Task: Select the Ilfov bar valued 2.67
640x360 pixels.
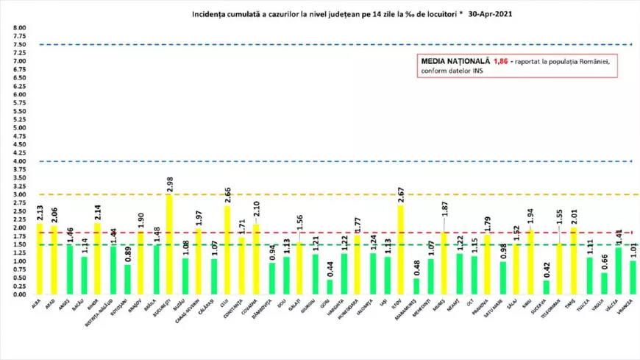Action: pyautogui.click(x=400, y=250)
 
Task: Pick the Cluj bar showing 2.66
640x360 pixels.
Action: pyautogui.click(x=227, y=250)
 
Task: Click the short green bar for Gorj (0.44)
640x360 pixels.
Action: pyautogui.click(x=329, y=287)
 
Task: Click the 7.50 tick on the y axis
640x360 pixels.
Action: pyautogui.click(x=19, y=45)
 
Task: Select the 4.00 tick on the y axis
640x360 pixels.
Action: pyautogui.click(x=19, y=161)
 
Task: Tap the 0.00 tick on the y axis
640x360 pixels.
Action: pyautogui.click(x=19, y=294)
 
